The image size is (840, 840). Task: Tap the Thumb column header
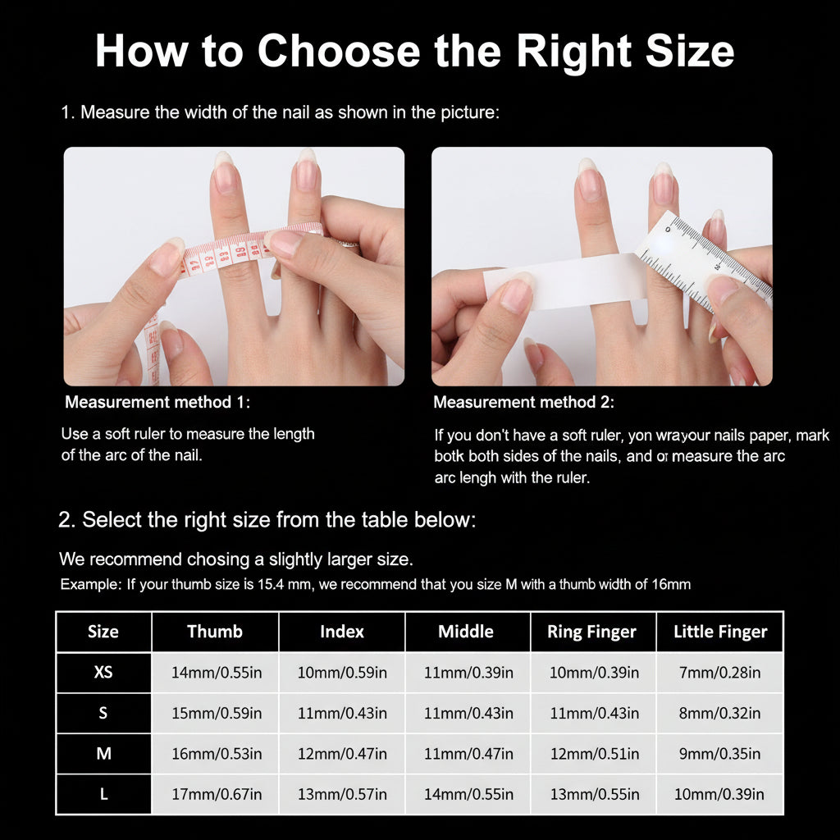click(215, 632)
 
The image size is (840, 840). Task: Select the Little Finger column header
click(720, 632)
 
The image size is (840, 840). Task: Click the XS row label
click(103, 673)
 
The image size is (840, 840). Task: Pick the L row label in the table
click(103, 794)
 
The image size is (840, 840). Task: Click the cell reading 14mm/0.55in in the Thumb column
click(217, 673)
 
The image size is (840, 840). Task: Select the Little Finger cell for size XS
click(720, 673)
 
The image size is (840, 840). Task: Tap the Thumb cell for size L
click(217, 794)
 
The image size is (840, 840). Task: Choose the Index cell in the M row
click(342, 753)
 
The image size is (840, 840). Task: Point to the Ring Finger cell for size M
click(594, 753)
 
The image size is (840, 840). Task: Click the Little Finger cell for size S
click(720, 713)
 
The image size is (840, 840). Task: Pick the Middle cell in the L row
click(468, 794)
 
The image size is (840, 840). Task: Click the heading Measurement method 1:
click(157, 403)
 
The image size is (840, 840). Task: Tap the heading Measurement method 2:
click(523, 403)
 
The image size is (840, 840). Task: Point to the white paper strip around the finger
click(566, 281)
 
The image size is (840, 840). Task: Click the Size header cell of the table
click(103, 632)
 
